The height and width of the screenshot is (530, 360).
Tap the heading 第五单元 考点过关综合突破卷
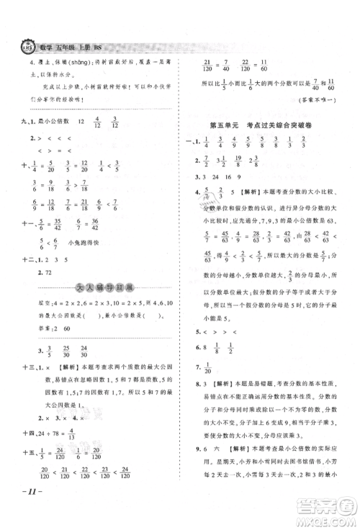pos(264,126)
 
